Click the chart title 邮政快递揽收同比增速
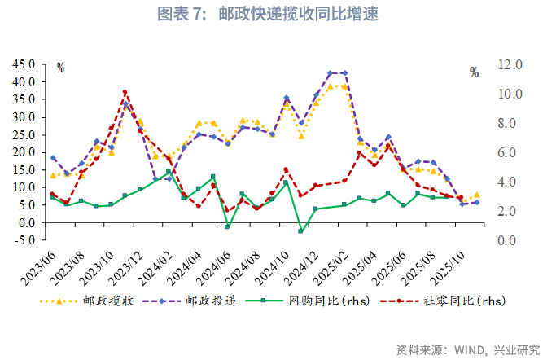pos(278,14)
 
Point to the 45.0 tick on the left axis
pos(23,64)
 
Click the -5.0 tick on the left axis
pos(23,239)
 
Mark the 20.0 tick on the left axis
pos(23,152)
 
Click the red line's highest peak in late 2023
pos(125,92)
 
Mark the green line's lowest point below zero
pos(300,231)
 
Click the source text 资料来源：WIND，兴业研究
pos(468,349)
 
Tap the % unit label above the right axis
pos(474,72)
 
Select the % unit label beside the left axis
pos(60,68)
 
